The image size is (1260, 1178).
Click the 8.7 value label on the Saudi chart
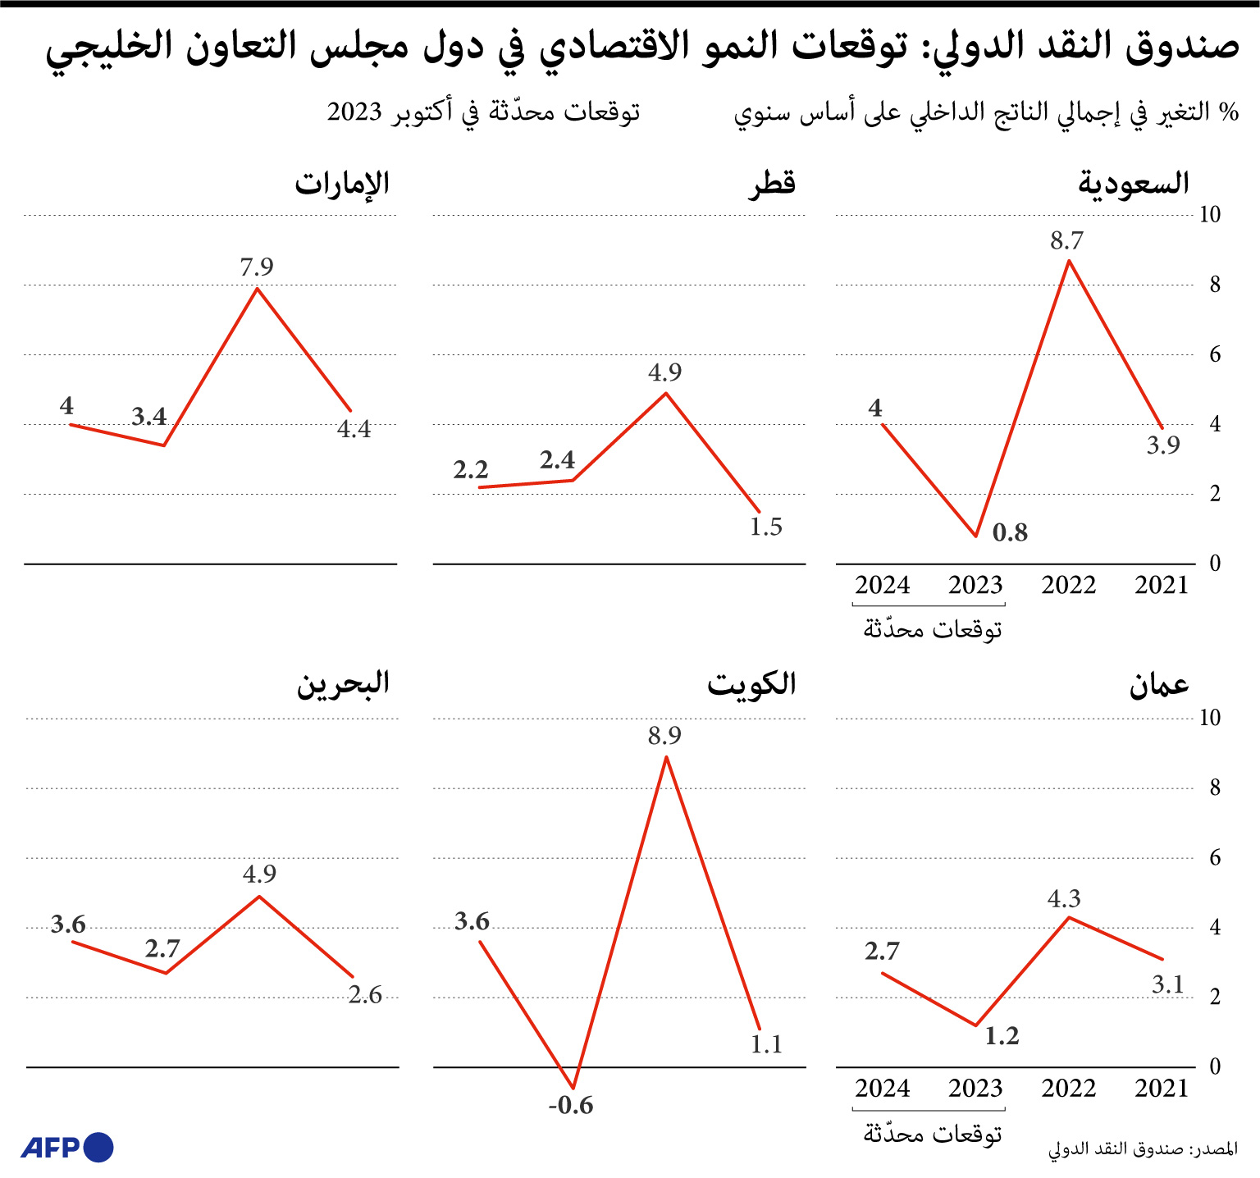[1066, 241]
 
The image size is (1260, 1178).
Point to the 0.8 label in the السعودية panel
[1010, 533]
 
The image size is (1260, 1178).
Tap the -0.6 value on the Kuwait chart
[571, 1106]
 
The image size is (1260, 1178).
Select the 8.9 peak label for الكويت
[664, 736]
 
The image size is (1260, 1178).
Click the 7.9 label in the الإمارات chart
[257, 267]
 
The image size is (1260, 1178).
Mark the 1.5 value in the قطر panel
[766, 527]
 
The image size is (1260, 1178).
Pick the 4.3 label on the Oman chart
[1064, 899]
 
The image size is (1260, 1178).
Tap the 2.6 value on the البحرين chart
[365, 995]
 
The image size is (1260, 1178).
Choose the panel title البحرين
[343, 684]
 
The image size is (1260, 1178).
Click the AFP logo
[67, 1147]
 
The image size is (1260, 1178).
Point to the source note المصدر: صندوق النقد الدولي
[1143, 1149]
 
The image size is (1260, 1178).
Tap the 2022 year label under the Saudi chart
[1069, 586]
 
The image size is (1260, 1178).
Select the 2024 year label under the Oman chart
[883, 1089]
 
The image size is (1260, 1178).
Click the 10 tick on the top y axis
[1210, 215]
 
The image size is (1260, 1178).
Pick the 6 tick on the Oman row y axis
[1215, 858]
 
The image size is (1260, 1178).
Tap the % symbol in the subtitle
[1228, 112]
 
